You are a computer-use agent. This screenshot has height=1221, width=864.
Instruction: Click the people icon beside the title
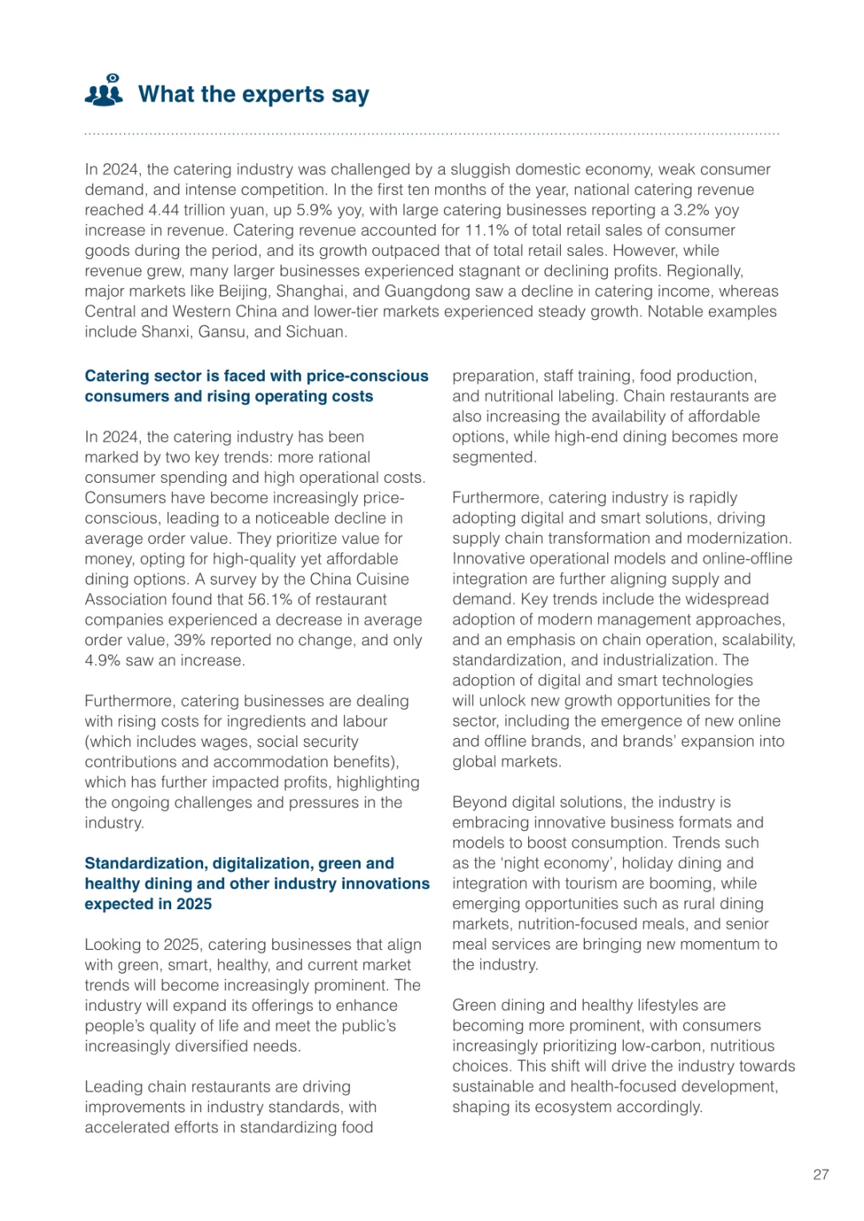[x=104, y=91]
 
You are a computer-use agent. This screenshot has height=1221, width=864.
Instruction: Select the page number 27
[x=821, y=1175]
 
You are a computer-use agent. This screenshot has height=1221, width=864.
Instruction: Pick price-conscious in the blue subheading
[x=369, y=376]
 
